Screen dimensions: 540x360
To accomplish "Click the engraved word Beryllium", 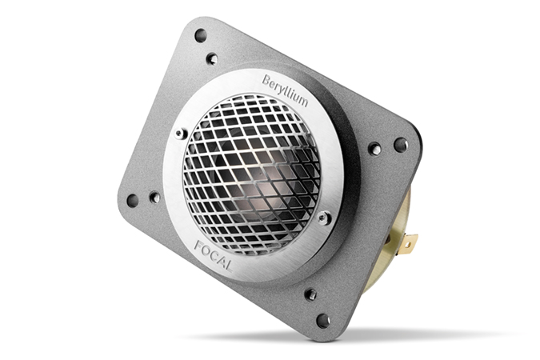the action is [285, 90].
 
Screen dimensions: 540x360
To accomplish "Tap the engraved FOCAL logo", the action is [213, 256].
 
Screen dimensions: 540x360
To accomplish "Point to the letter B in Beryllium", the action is [266, 81].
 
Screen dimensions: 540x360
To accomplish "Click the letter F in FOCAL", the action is [198, 246].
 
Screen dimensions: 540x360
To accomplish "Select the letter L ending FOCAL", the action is [228, 266].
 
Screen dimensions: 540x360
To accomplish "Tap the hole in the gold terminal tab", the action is [409, 245].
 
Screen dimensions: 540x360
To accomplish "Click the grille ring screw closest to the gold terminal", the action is [323, 218].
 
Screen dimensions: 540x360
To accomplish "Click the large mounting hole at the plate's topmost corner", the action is [201, 35].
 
